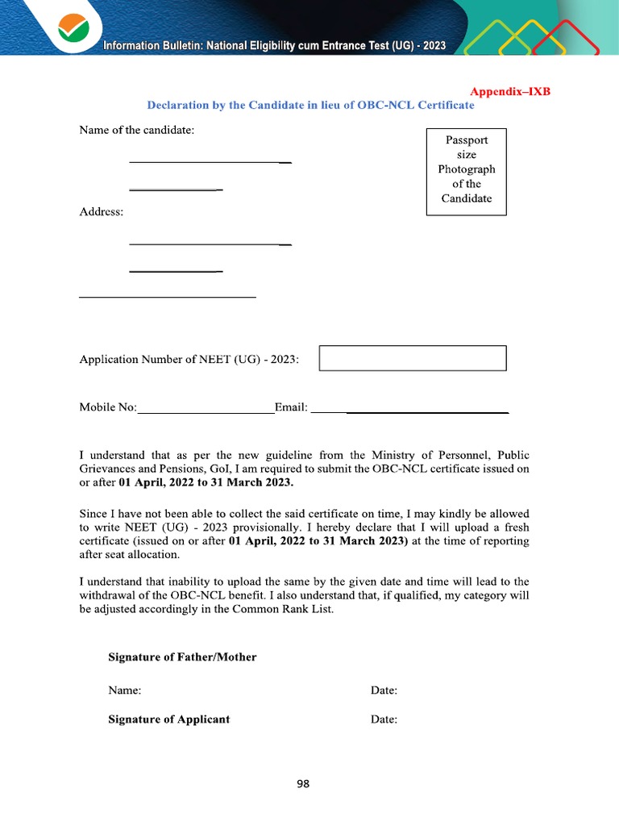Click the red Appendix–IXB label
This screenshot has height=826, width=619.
coord(509,91)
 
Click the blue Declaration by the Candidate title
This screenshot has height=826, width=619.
coord(310,106)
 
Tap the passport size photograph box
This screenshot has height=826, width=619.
coord(466,171)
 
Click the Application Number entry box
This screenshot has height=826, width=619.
coord(413,358)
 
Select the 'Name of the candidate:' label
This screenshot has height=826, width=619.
coord(136,130)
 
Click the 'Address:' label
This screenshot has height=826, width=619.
coord(102,212)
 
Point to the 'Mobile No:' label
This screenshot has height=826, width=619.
coord(108,407)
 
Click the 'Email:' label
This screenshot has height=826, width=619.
coord(291,407)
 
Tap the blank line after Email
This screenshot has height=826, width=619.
coord(409,412)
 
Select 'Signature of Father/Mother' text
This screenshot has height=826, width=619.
coord(182,657)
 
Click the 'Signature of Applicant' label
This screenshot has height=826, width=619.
coord(168,720)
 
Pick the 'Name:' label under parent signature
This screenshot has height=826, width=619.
coord(125,690)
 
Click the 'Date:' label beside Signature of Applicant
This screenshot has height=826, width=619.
coord(384,720)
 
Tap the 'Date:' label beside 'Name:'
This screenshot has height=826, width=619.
coord(384,690)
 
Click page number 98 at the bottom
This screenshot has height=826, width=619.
coord(303,784)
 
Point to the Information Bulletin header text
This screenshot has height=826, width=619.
coord(274,46)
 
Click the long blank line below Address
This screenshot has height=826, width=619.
coord(168,298)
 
